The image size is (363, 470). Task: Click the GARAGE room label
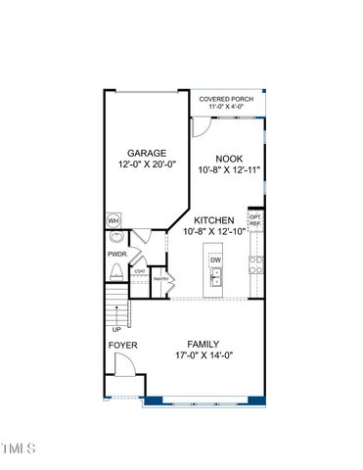point(147,153)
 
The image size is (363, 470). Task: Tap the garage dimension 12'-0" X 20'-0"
point(147,165)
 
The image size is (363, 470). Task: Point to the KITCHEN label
point(212,220)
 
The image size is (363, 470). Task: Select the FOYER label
point(122,346)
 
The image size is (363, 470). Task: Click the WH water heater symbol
point(113,220)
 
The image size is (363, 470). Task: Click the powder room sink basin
point(117,237)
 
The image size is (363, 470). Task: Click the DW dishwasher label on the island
point(215,259)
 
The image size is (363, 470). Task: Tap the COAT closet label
point(140,271)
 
